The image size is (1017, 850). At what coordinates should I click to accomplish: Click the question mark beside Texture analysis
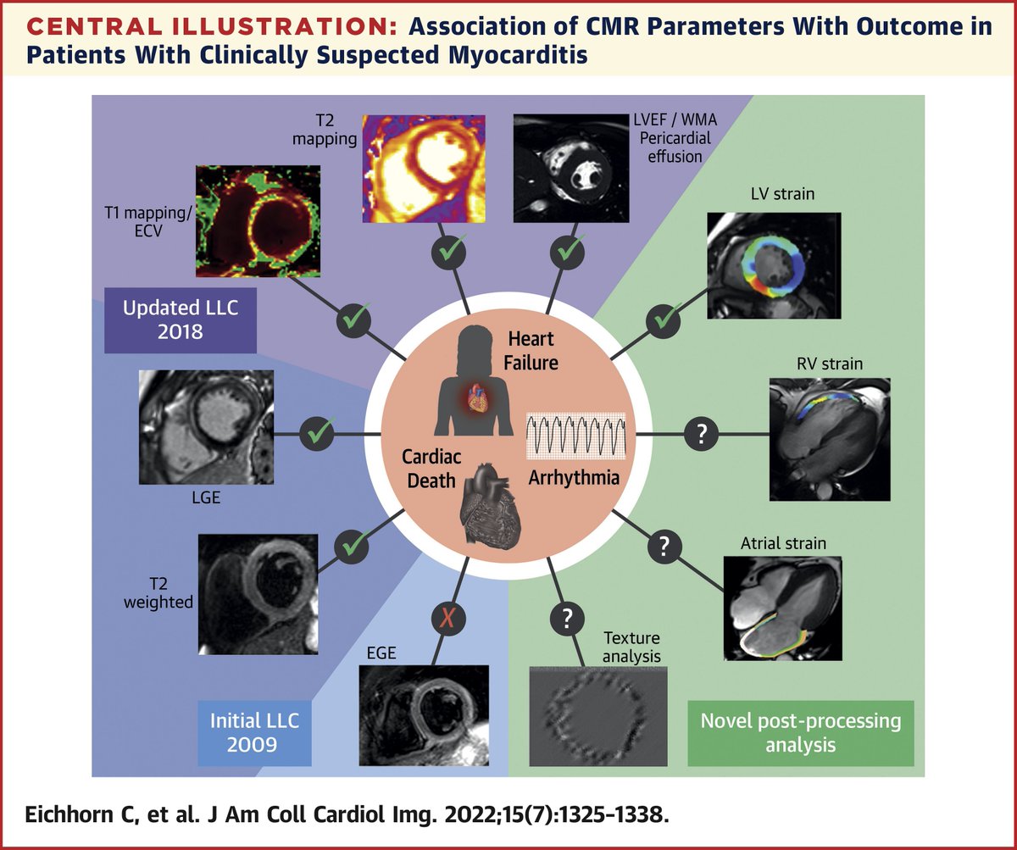(567, 619)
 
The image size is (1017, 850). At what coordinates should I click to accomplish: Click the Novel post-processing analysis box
(800, 732)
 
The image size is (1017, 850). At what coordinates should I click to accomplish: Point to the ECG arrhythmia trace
(575, 437)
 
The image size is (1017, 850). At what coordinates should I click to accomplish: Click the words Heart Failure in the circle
(531, 350)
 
